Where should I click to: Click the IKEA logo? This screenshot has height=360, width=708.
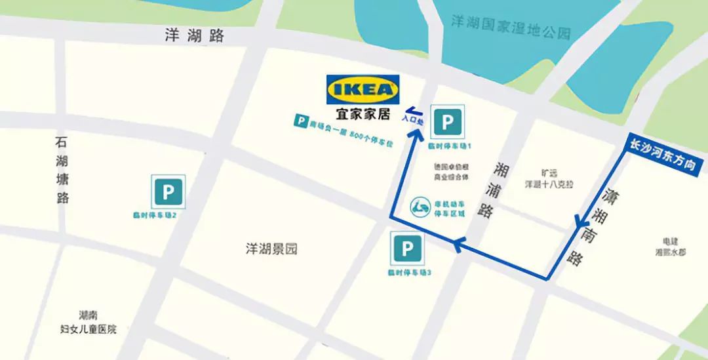(x=363, y=89)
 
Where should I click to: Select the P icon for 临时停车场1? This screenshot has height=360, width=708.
(x=448, y=122)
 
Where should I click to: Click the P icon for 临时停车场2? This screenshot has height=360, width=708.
(x=168, y=192)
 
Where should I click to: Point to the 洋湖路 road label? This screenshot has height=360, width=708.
(x=195, y=35)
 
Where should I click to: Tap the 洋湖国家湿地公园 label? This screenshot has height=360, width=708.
(x=511, y=28)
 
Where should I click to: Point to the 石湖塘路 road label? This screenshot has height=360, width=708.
(x=62, y=170)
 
